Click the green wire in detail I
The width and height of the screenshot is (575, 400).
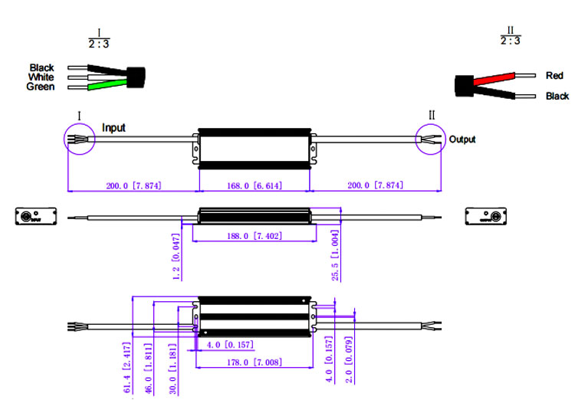(103, 86)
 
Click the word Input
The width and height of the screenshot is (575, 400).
(113, 128)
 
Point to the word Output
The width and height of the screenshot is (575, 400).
(462, 139)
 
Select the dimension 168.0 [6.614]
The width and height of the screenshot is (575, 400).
(255, 185)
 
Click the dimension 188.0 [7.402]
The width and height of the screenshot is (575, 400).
(254, 236)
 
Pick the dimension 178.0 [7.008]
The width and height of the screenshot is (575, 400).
(254, 362)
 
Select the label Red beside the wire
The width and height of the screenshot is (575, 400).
(554, 76)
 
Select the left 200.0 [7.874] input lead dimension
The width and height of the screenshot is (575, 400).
(133, 185)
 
